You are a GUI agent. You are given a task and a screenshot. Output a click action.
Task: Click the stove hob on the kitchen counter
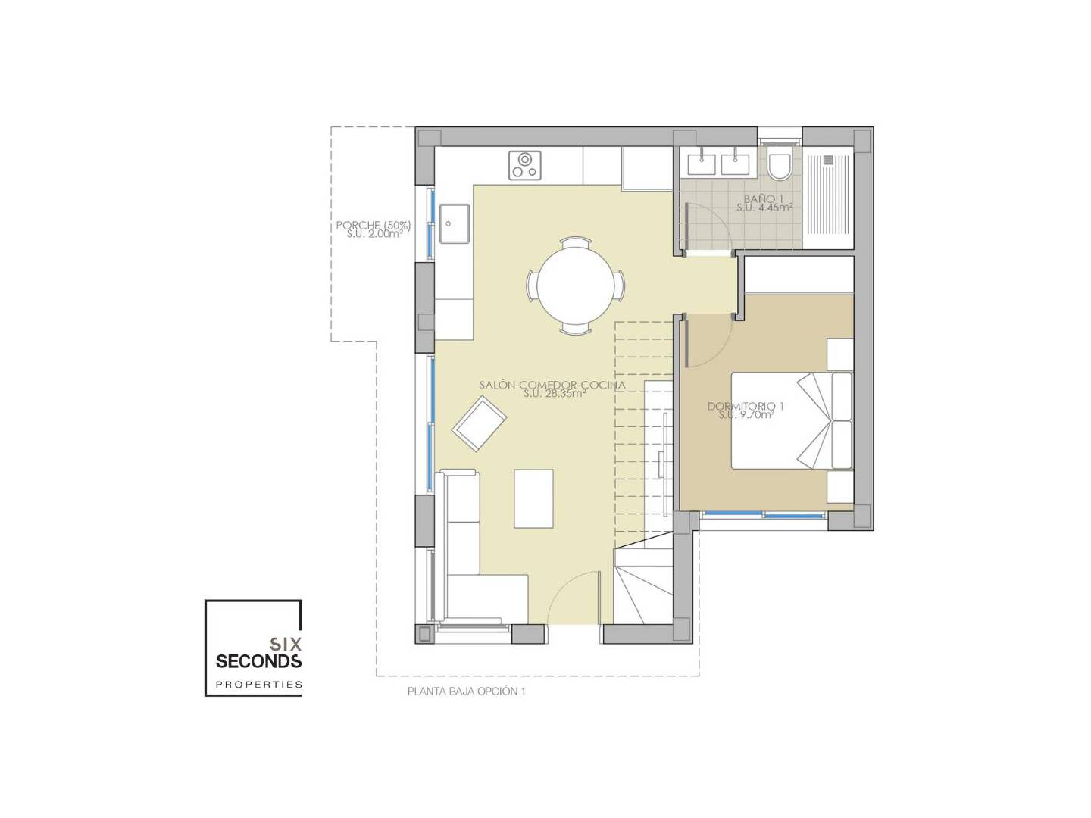click(524, 165)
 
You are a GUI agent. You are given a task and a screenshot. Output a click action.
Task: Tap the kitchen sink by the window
click(455, 223)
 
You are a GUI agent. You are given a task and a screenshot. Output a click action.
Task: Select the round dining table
click(574, 285)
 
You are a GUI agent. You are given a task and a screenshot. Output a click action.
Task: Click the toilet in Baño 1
click(778, 164)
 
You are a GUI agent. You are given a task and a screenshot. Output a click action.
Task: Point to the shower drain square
click(828, 159)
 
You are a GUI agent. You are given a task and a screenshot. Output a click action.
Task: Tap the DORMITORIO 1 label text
click(745, 406)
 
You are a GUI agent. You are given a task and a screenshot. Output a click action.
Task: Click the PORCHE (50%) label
click(374, 225)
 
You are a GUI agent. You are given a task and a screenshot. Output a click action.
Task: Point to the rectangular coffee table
click(533, 498)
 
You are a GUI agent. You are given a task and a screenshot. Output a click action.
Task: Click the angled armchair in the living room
click(479, 423)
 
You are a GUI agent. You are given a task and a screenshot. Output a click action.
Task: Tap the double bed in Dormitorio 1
click(791, 420)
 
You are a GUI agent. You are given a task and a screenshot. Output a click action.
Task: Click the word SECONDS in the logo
click(258, 661)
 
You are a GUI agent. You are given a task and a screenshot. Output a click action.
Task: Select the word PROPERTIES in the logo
click(259, 685)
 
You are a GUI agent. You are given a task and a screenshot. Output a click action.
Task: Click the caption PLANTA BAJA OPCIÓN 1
click(466, 692)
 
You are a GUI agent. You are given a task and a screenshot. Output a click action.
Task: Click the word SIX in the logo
click(286, 644)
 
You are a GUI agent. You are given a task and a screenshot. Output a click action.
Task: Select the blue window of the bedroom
click(764, 514)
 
